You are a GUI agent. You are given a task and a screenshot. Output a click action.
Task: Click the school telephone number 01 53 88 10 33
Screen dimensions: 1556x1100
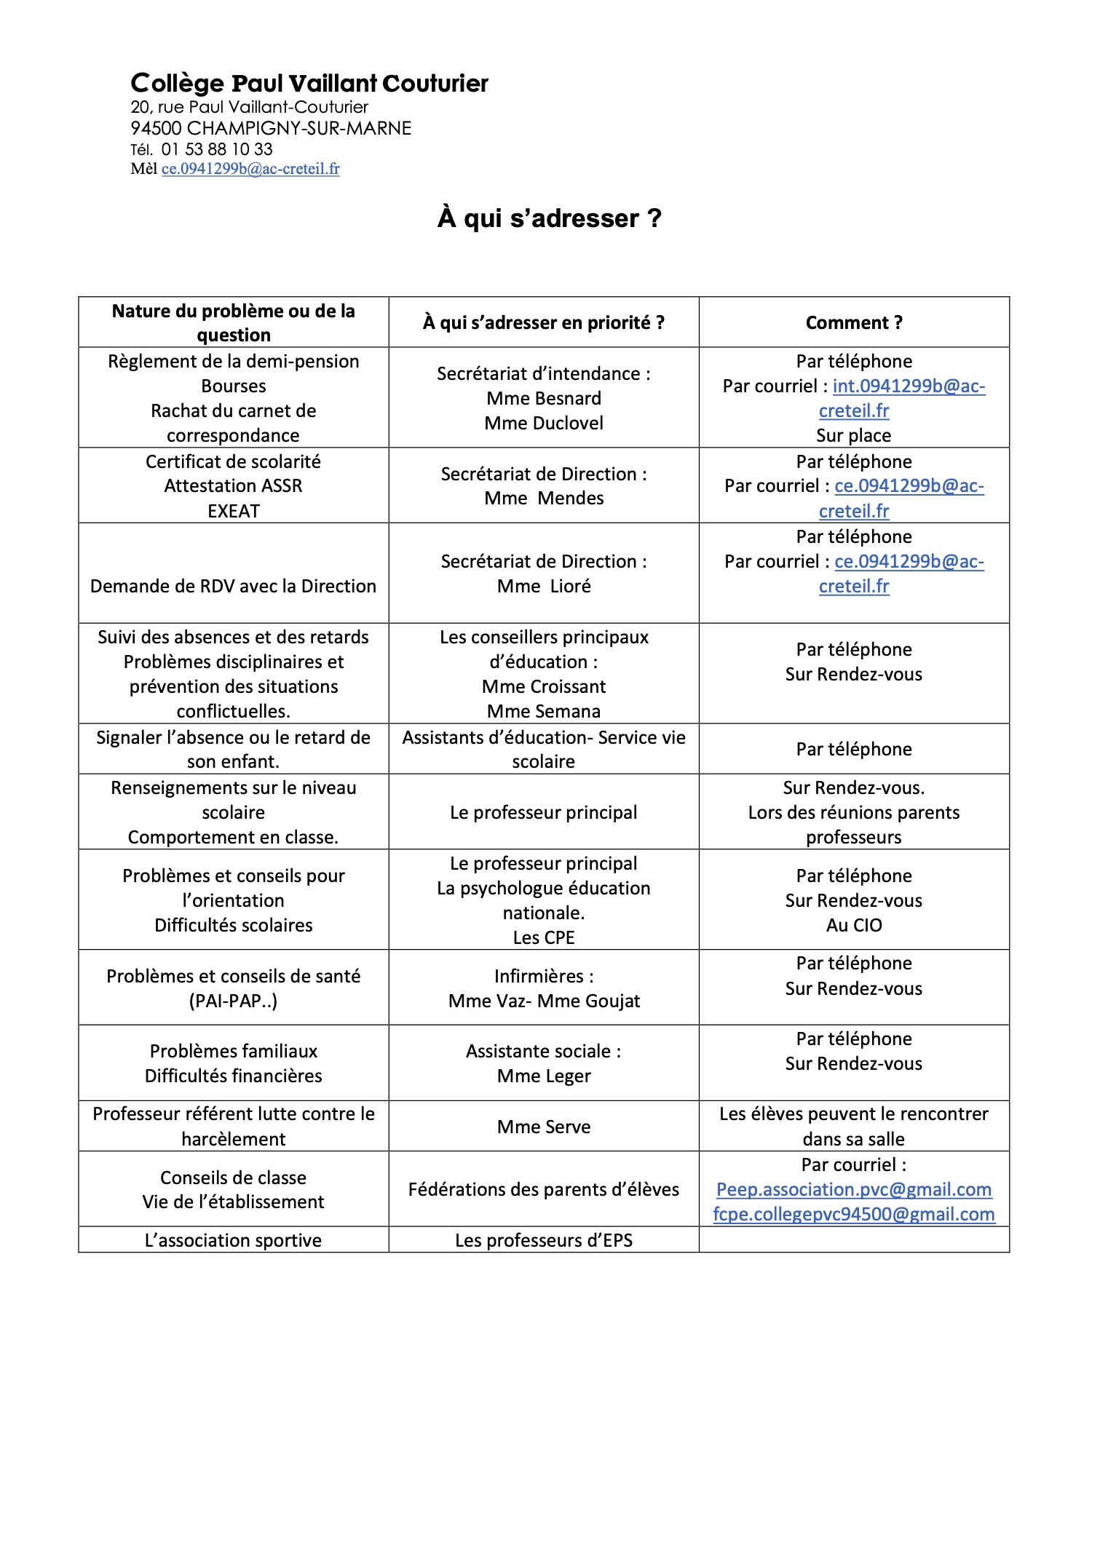216,149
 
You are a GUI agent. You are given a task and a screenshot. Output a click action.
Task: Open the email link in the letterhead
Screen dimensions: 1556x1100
250,169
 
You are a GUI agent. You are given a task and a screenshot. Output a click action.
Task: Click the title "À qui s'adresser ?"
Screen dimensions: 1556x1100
550,218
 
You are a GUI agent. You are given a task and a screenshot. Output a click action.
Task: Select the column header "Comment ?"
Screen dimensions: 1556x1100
853,322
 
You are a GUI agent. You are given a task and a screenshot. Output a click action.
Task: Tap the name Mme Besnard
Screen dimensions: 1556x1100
544,398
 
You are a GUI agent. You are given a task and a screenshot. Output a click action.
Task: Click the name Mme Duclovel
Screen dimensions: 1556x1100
544,423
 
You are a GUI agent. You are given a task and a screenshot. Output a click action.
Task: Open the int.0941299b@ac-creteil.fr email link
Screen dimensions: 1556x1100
909,386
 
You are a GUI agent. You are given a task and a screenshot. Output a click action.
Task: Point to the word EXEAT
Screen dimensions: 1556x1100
233,511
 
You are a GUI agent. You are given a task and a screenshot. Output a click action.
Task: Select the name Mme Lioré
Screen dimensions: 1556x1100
544,586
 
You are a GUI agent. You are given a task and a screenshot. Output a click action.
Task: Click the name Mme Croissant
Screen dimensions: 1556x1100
544,686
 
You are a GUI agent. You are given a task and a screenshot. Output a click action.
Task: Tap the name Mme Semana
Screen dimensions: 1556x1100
544,711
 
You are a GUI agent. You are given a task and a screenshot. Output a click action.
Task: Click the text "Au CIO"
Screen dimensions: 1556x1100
853,925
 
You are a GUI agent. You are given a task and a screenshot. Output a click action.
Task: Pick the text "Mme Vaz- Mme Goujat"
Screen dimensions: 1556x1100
544,1001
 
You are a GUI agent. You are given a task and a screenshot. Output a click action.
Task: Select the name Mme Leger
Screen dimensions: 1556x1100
544,1076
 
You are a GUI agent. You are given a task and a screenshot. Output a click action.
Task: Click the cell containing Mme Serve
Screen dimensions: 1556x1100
544,1127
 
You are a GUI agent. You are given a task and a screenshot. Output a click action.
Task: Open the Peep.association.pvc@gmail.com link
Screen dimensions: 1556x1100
853,1189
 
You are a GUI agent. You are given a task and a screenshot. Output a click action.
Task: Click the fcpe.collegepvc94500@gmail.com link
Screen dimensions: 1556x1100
853,1214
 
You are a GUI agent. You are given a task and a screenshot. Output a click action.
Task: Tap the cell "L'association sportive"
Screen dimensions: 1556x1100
233,1240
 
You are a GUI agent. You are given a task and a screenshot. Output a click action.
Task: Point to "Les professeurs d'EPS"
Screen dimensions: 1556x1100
544,1240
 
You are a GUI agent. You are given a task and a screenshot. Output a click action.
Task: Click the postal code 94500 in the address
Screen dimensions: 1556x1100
156,129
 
